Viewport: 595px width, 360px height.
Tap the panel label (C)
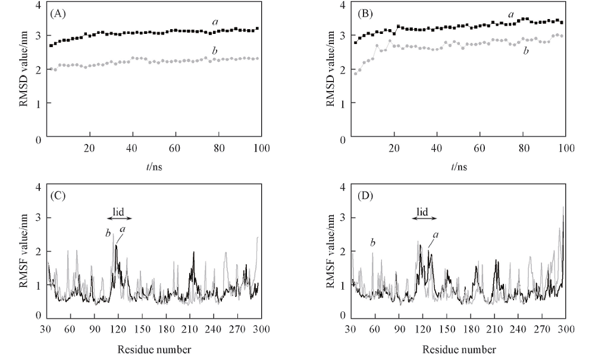pos(59,195)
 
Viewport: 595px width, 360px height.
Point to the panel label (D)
pos(362,195)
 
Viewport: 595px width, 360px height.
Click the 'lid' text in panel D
pos(422,210)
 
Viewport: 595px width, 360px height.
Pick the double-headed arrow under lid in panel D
pos(422,218)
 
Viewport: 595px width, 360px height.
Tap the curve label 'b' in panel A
pos(214,52)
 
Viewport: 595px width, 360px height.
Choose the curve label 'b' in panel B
pos(524,51)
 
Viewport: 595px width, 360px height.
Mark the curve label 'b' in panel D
pos(372,242)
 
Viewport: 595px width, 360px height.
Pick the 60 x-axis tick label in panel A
pos(175,148)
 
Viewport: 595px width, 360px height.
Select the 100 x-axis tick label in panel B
pos(566,148)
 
